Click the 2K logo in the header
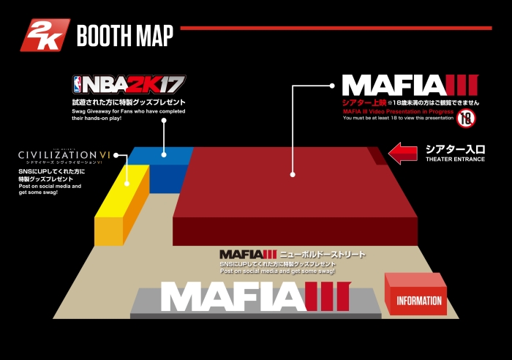[45, 35]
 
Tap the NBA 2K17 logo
[129, 84]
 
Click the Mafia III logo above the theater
[409, 86]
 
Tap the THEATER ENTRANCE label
[455, 160]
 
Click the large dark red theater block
[293, 194]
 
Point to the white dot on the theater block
[292, 174]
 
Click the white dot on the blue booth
[165, 154]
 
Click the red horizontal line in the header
[336, 28]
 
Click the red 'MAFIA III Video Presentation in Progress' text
[398, 111]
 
